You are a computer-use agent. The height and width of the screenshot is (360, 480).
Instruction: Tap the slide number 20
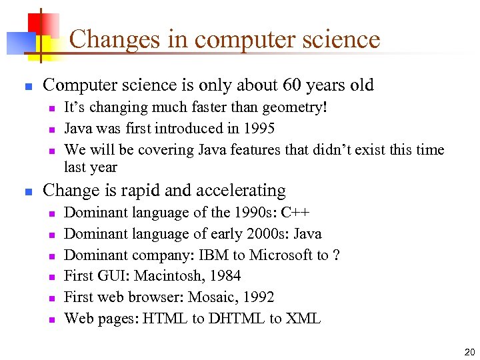pos(469,352)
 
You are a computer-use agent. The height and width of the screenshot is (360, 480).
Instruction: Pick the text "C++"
pos(295,213)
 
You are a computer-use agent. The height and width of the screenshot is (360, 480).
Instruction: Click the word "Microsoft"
pos(280,255)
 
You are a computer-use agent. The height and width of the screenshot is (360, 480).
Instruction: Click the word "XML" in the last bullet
pos(303,319)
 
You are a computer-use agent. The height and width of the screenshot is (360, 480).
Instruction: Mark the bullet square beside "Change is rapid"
pos(28,192)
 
